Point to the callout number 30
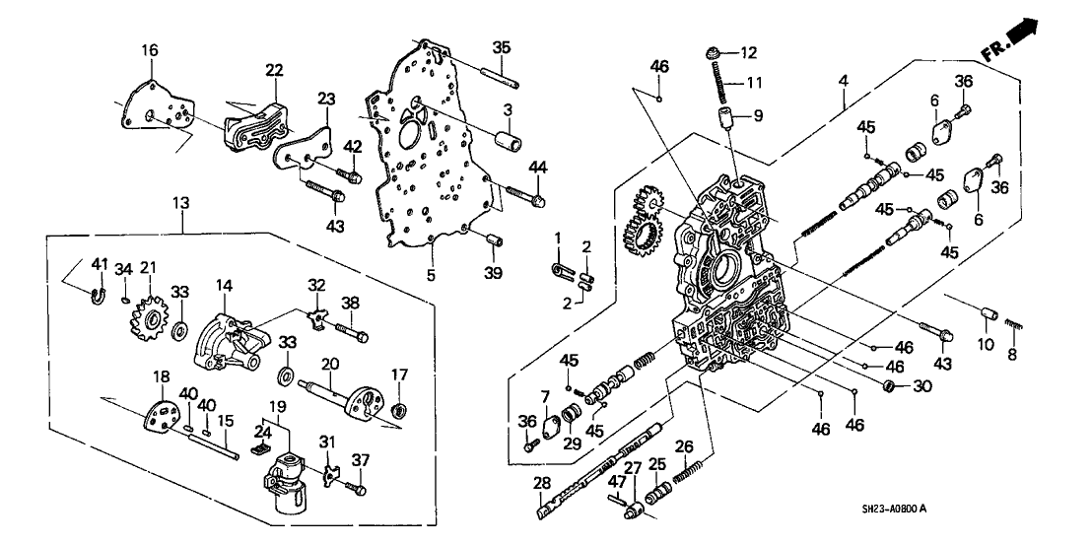point(921,385)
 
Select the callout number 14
point(226,286)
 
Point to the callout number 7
point(543,397)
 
